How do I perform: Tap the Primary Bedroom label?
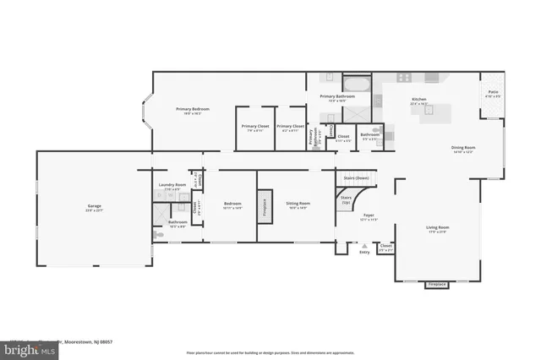(x=193, y=109)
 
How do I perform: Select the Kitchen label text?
(x=418, y=100)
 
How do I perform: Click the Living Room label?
(x=436, y=227)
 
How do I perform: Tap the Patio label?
(x=493, y=91)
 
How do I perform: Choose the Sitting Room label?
(x=298, y=204)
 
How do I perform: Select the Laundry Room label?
(x=172, y=185)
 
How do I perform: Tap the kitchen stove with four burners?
(x=404, y=78)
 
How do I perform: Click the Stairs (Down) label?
(x=356, y=178)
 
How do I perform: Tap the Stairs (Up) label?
(x=346, y=202)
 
